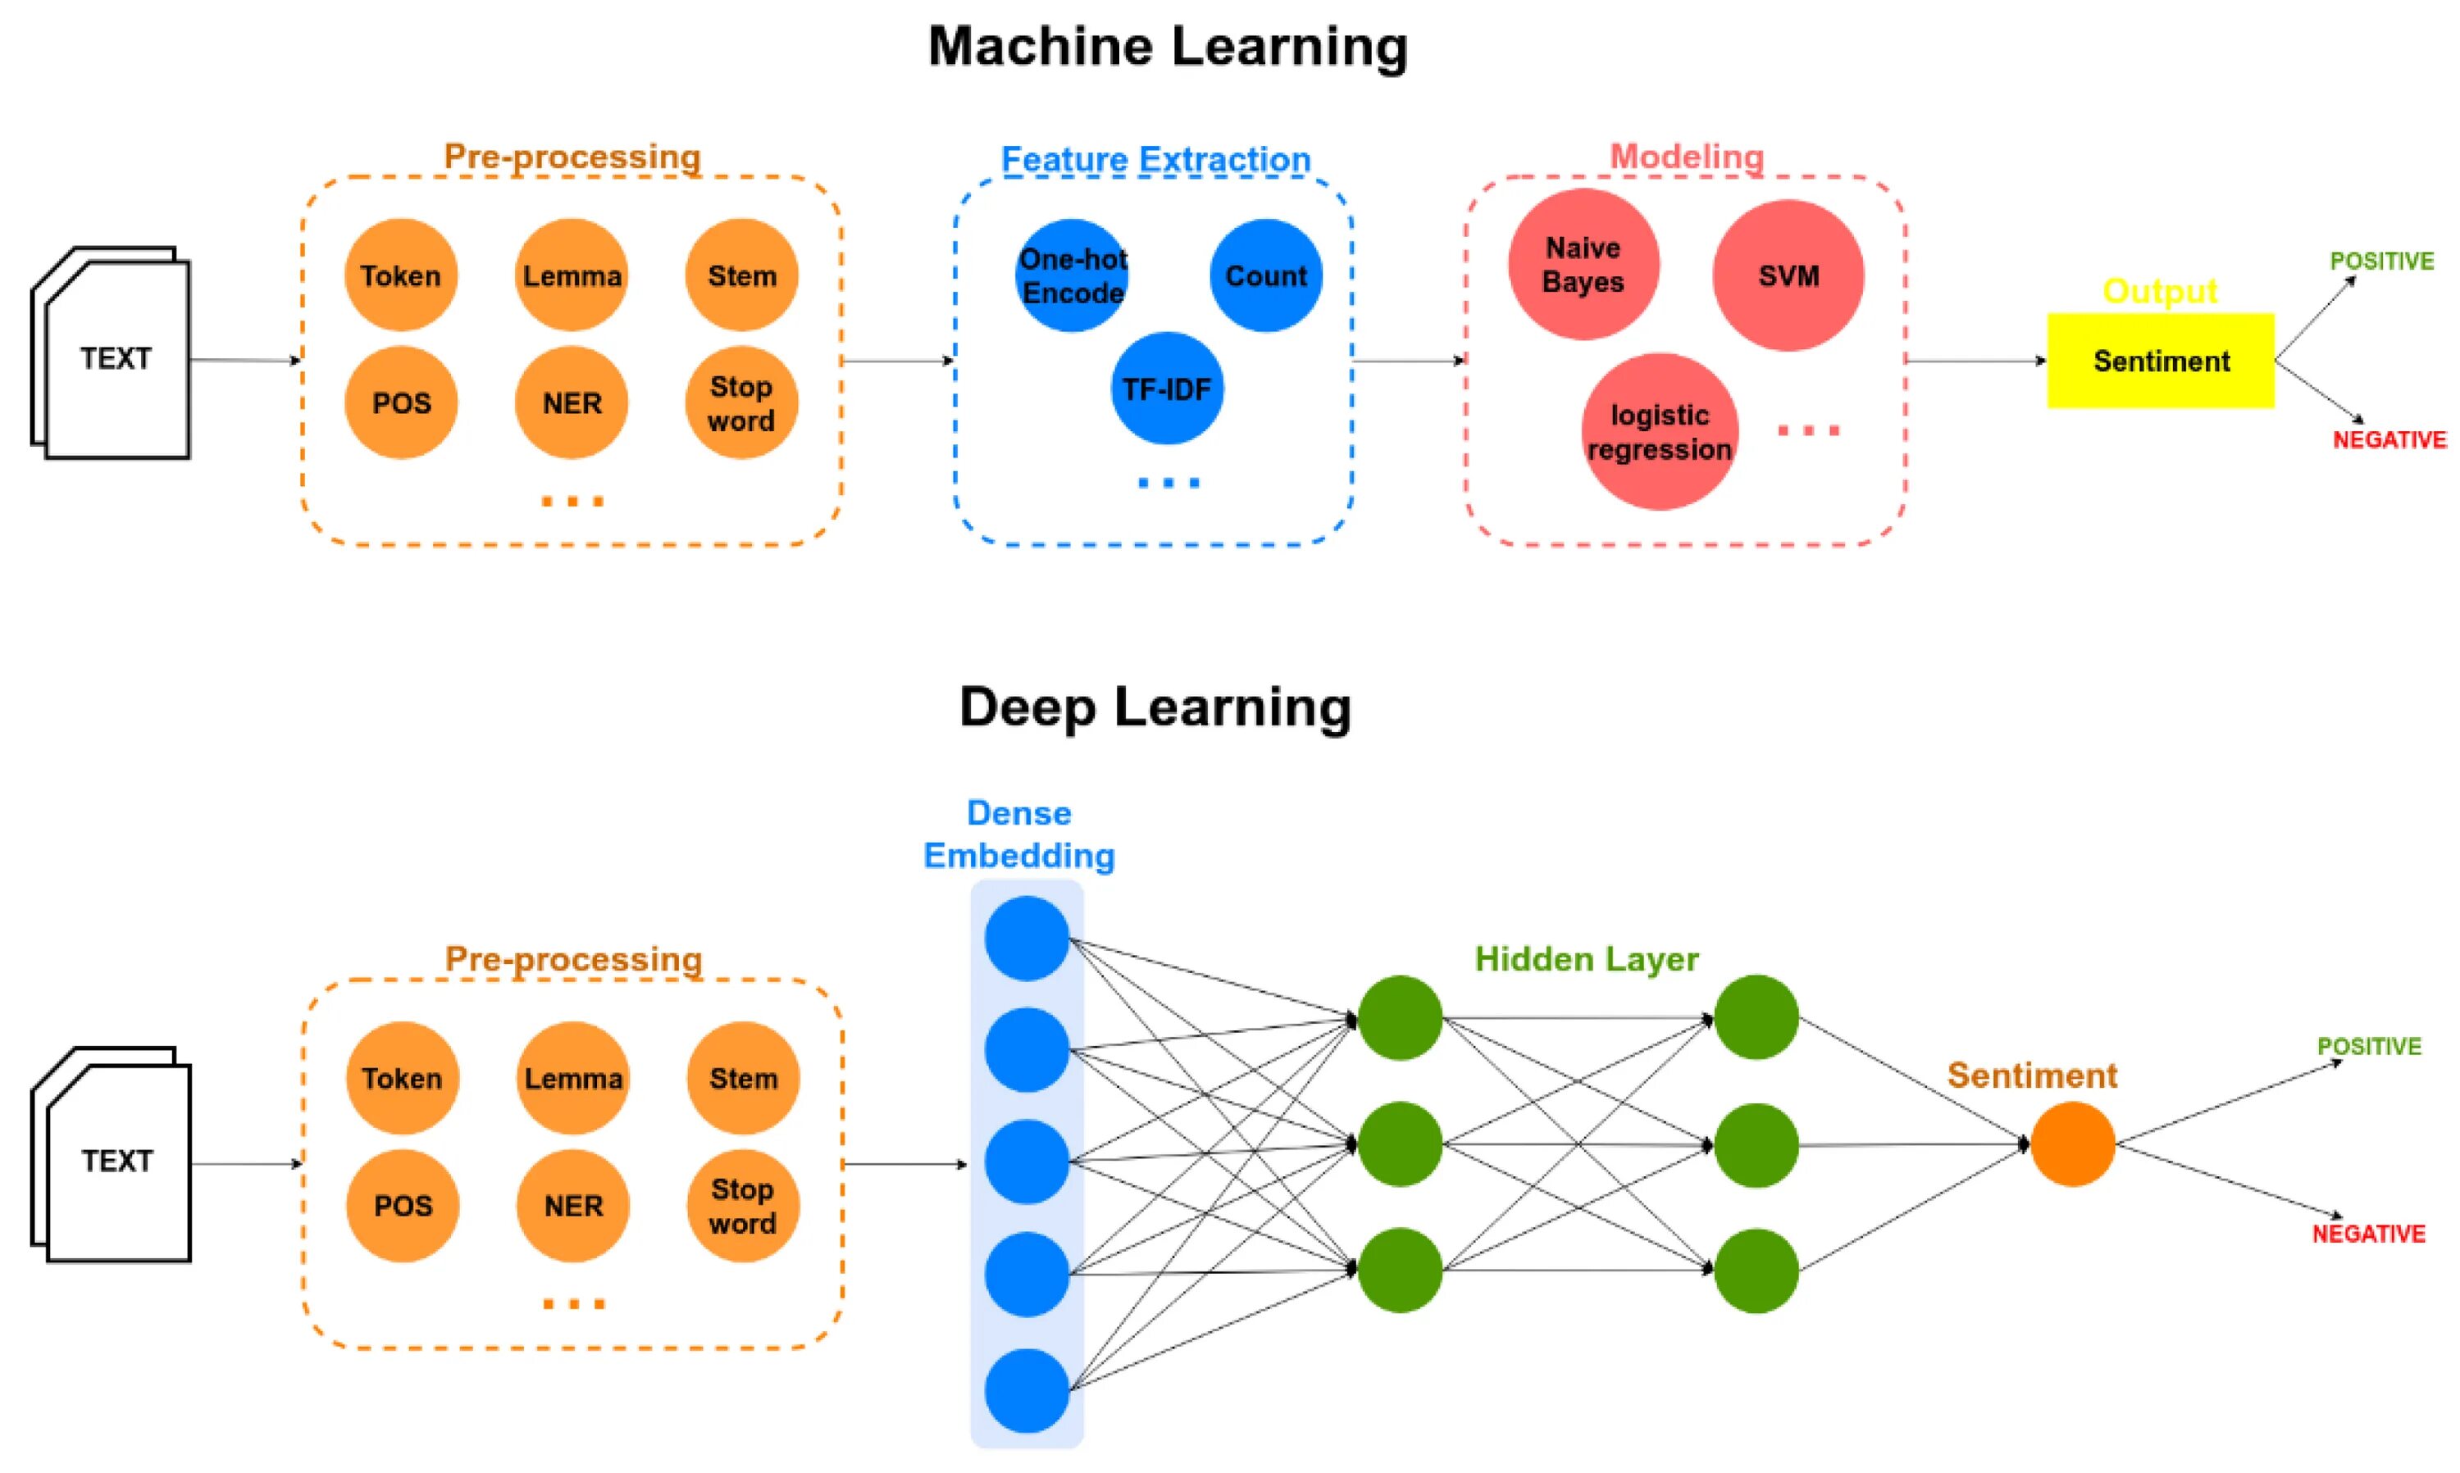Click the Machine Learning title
tap(1168, 47)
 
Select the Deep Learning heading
tap(1155, 707)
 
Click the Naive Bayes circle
tap(1583, 264)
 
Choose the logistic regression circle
tap(1660, 432)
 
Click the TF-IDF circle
tap(1167, 388)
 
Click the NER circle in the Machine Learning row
tap(572, 402)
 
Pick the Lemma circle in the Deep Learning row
tap(573, 1078)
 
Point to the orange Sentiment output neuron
tap(2073, 1143)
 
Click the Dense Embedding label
tap(1019, 834)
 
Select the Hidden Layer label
tap(1587, 959)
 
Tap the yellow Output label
tap(2160, 291)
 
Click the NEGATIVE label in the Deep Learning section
tap(2369, 1234)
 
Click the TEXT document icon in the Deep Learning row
tap(112, 1153)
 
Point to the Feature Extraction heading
tap(1155, 159)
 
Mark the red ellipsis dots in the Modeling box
tap(1808, 430)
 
